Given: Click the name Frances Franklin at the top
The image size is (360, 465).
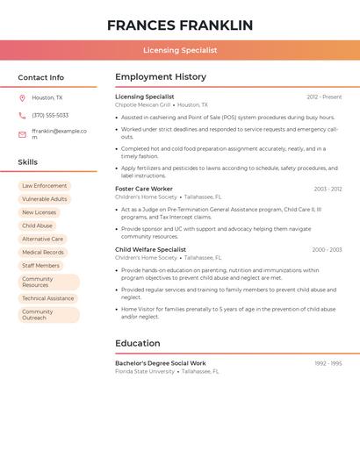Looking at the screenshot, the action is (x=180, y=25).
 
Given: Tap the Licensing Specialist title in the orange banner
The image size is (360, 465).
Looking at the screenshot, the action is (x=180, y=51).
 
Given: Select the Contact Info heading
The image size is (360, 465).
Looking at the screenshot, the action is (x=41, y=77).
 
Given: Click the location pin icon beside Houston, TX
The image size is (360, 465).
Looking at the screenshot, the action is (x=22, y=98).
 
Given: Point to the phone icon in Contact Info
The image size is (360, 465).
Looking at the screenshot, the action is (x=22, y=116).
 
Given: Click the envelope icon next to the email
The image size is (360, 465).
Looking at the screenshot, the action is (x=22, y=134).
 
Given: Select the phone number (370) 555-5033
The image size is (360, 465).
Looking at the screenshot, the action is (x=50, y=116).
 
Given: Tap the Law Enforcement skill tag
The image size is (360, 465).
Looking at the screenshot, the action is (x=44, y=186).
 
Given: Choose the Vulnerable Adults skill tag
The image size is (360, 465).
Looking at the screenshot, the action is (x=44, y=199).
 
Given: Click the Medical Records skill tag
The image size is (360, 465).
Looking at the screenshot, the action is (x=43, y=253).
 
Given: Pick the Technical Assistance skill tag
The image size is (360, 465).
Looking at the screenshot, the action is (x=48, y=298).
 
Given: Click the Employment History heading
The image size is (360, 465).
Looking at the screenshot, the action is (x=161, y=77).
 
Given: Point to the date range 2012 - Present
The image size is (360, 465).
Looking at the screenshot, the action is (x=324, y=97).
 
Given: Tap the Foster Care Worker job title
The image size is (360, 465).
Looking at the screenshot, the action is (x=144, y=190).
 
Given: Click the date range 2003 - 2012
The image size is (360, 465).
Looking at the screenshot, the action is (x=328, y=190).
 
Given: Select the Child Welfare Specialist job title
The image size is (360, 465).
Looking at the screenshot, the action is (x=151, y=250).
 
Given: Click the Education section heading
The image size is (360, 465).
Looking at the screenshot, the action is (x=138, y=343).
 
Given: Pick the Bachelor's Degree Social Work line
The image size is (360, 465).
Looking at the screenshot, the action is (x=161, y=363).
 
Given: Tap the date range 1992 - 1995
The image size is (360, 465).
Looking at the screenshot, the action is (x=328, y=363).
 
